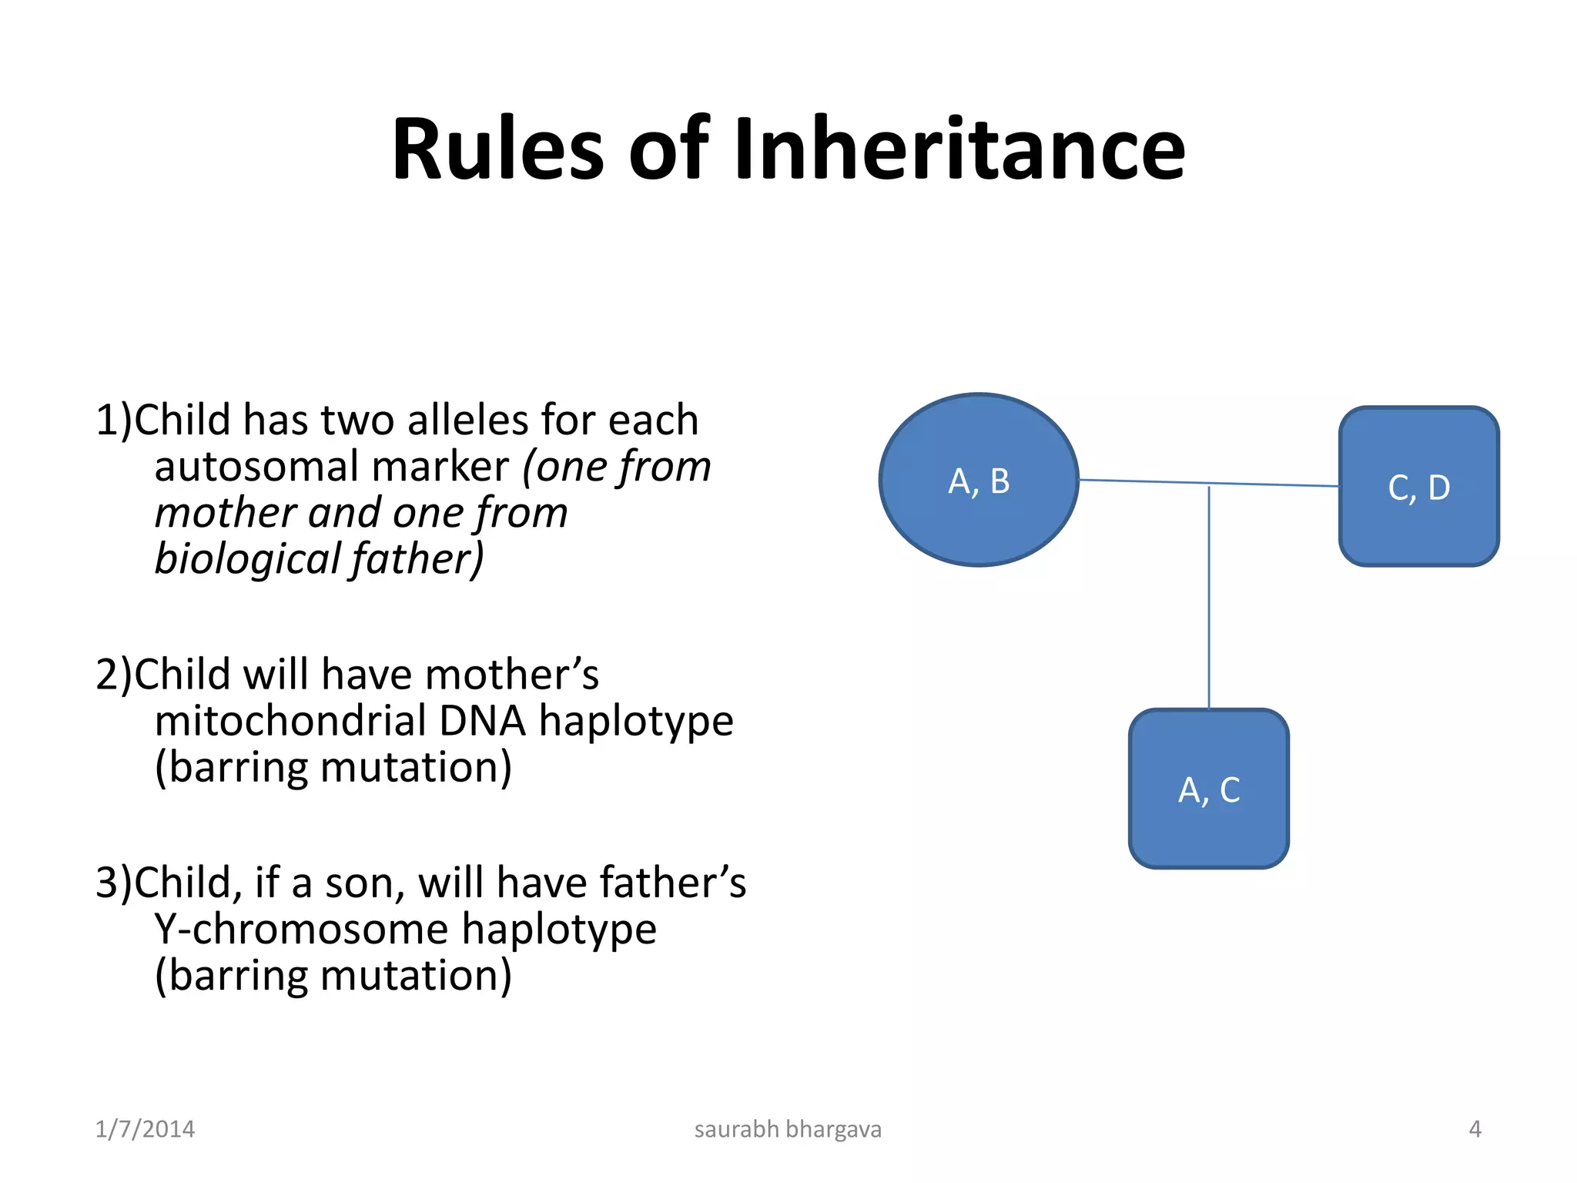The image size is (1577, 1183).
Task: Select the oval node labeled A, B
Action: pos(979,481)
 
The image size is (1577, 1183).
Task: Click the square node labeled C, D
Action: pos(1418,487)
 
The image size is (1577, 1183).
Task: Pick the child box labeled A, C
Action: pos(1208,789)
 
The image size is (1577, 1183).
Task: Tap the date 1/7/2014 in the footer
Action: pos(145,1129)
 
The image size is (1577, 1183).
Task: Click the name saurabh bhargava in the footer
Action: pos(788,1129)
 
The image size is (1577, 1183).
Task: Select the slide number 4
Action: pos(1475,1129)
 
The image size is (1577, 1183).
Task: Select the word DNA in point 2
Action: pos(482,722)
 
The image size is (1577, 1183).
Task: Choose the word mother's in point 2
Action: pos(511,675)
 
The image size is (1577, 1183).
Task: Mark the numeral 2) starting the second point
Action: pos(114,675)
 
